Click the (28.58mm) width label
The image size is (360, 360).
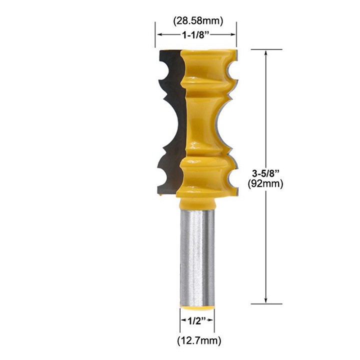click(197, 21)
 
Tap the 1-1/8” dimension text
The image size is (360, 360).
click(196, 35)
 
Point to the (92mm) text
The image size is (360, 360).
click(265, 183)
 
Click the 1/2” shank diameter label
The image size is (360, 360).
click(197, 320)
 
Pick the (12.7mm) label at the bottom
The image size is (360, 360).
click(199, 340)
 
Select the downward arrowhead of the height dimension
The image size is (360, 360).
click(266, 300)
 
